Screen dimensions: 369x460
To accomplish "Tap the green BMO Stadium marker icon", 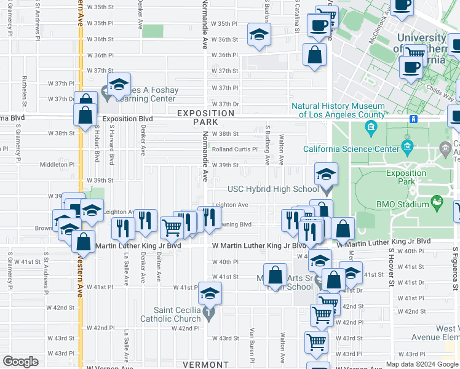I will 437,201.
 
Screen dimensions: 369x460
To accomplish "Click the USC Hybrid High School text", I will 273,189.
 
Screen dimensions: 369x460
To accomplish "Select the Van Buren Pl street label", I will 252,344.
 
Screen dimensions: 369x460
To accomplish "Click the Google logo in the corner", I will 21,362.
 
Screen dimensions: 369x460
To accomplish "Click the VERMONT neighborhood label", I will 205,365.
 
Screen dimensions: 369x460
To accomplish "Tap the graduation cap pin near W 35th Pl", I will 260,34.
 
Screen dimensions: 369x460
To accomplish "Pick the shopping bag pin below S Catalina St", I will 315,54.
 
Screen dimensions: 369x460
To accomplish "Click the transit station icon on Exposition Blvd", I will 414,119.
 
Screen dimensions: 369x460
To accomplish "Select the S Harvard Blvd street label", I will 96,143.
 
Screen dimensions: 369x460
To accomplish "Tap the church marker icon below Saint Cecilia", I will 209,314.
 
